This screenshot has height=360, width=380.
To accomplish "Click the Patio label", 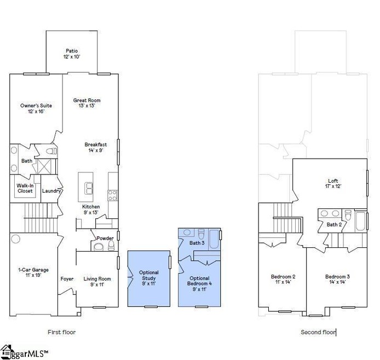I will (x=73, y=53).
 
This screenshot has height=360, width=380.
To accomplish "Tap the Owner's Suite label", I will (x=32, y=108).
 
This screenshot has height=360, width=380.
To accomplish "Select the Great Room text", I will (x=87, y=103).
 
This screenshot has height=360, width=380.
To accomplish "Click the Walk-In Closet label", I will (x=24, y=188).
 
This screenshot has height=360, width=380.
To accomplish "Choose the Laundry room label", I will (x=51, y=191).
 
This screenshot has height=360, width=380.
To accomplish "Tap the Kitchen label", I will (x=91, y=209).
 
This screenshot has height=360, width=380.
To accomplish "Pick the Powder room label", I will (x=105, y=239).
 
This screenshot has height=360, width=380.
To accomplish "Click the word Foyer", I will (x=67, y=279).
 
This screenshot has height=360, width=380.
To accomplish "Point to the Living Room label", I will (x=97, y=282).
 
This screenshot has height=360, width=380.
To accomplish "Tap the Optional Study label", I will (x=148, y=278).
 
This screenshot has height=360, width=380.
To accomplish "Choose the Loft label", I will (x=333, y=183).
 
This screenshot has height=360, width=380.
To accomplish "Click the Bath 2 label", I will (x=334, y=224).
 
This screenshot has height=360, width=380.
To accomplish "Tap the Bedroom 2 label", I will (x=283, y=279).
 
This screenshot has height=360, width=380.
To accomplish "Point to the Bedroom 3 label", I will (x=337, y=279).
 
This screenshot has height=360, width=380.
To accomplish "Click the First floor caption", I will (x=62, y=332).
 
